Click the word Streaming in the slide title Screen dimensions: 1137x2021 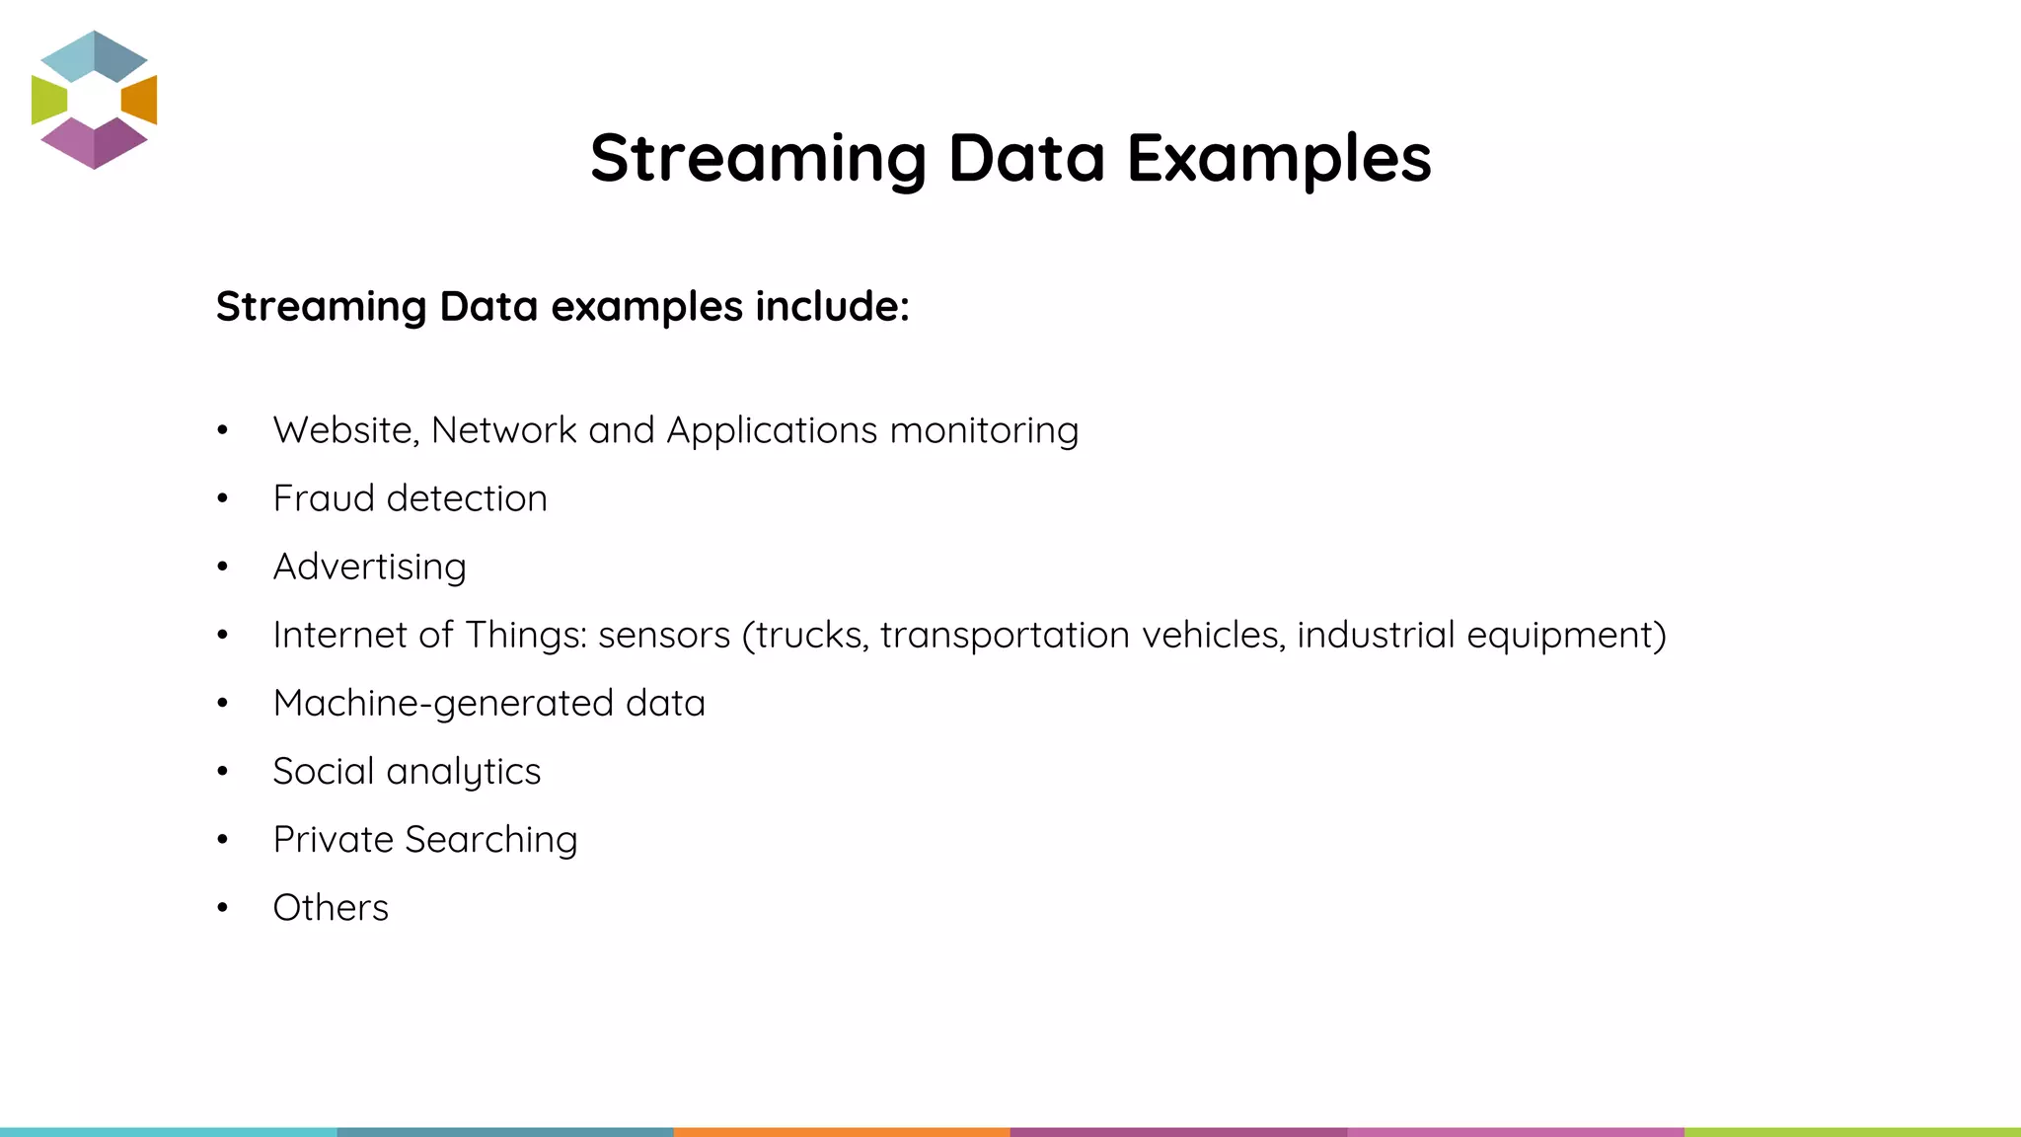758,160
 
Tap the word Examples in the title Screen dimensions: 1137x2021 1279,160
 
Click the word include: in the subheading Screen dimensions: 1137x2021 832,306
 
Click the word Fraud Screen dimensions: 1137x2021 324,498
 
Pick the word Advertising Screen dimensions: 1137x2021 370,568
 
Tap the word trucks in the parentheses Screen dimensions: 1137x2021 811,635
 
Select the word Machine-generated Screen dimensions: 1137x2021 443,704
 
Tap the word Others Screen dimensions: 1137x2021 331,908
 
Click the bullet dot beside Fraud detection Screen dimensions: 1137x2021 223,499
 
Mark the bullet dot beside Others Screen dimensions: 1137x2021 223,908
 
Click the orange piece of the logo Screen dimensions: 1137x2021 141,100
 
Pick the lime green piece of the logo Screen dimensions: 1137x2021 47,100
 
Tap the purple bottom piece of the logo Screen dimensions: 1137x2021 95,144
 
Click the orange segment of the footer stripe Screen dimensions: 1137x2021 842,1131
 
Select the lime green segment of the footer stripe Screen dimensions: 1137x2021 1852,1131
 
